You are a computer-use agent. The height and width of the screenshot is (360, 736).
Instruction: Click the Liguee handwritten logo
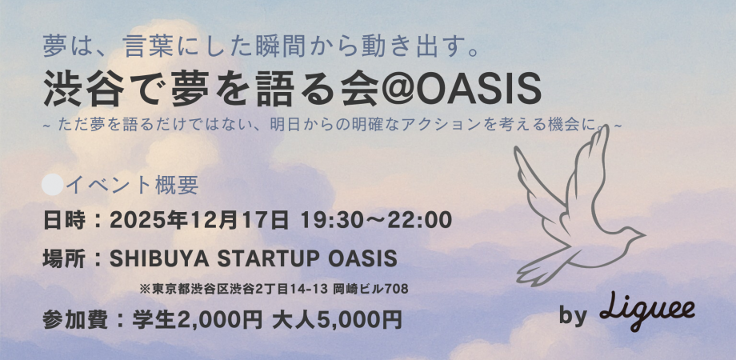coord(648,310)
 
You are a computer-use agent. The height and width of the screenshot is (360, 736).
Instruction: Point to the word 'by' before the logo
coord(573,316)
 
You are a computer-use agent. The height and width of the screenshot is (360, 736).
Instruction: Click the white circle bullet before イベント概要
coord(52,185)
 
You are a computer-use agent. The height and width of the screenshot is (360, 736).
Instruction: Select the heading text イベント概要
coord(132,186)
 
